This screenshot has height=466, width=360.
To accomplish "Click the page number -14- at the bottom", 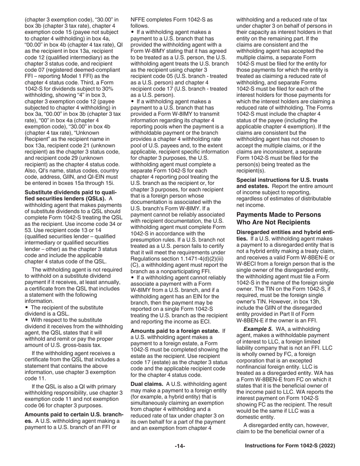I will [180, 446].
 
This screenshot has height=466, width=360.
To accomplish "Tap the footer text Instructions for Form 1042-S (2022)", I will [290, 446].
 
